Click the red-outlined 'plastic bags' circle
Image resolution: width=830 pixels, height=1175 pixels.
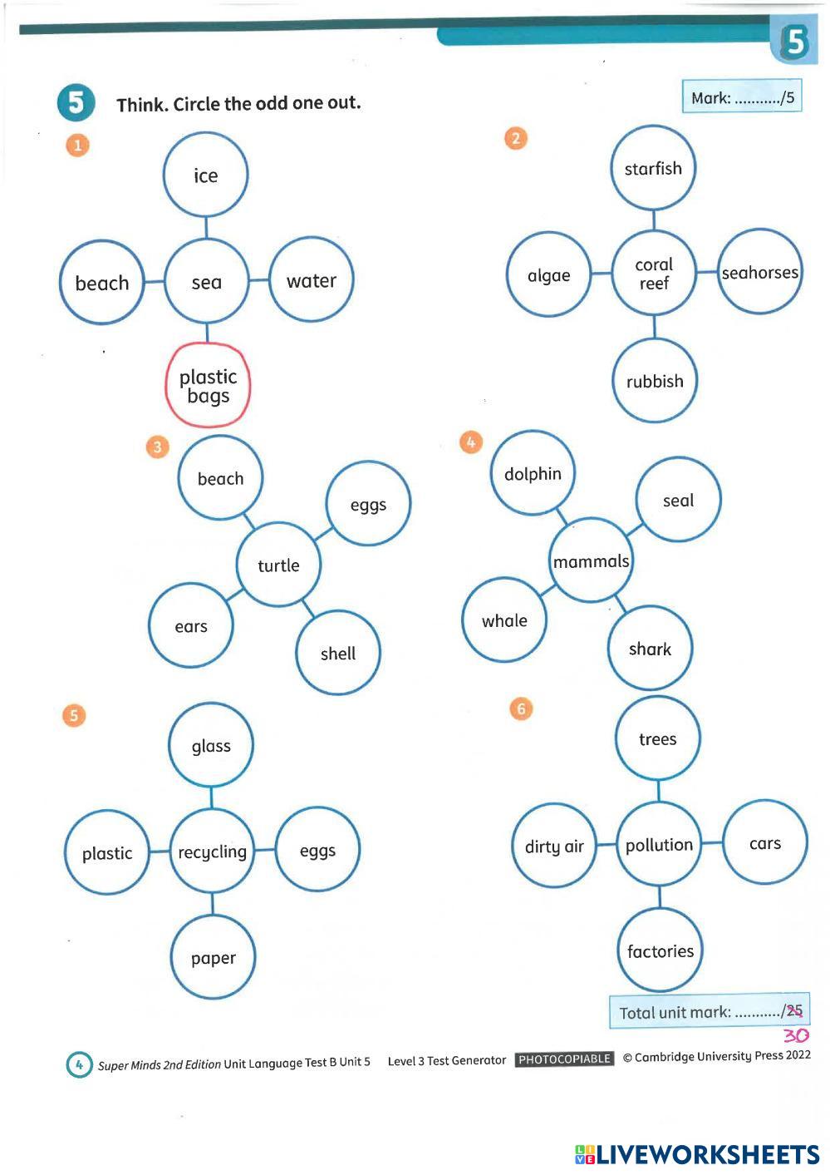208,385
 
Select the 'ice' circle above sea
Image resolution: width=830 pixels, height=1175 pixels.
205,175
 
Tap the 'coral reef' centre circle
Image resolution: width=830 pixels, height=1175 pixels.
654,274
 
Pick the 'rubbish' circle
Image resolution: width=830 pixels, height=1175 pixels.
655,381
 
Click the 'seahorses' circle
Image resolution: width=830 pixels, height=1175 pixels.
759,272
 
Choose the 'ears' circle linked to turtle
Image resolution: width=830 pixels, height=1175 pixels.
191,625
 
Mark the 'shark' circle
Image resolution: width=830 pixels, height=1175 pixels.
650,648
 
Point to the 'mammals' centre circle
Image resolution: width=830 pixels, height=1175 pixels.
591,561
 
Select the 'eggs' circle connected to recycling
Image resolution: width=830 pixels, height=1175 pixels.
317,850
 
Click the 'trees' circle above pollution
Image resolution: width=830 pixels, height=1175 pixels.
657,738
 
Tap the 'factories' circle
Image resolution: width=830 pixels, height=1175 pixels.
660,950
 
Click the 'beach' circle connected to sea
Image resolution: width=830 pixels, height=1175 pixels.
102,283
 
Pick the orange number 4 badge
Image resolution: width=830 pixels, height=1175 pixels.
470,442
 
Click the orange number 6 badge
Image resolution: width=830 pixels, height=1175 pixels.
521,708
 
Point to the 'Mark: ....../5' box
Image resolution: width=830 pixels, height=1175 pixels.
742,97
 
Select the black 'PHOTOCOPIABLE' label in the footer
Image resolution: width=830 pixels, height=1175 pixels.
564,1059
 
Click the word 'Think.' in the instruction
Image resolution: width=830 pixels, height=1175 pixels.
142,105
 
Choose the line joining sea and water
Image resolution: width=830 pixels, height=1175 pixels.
258,280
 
